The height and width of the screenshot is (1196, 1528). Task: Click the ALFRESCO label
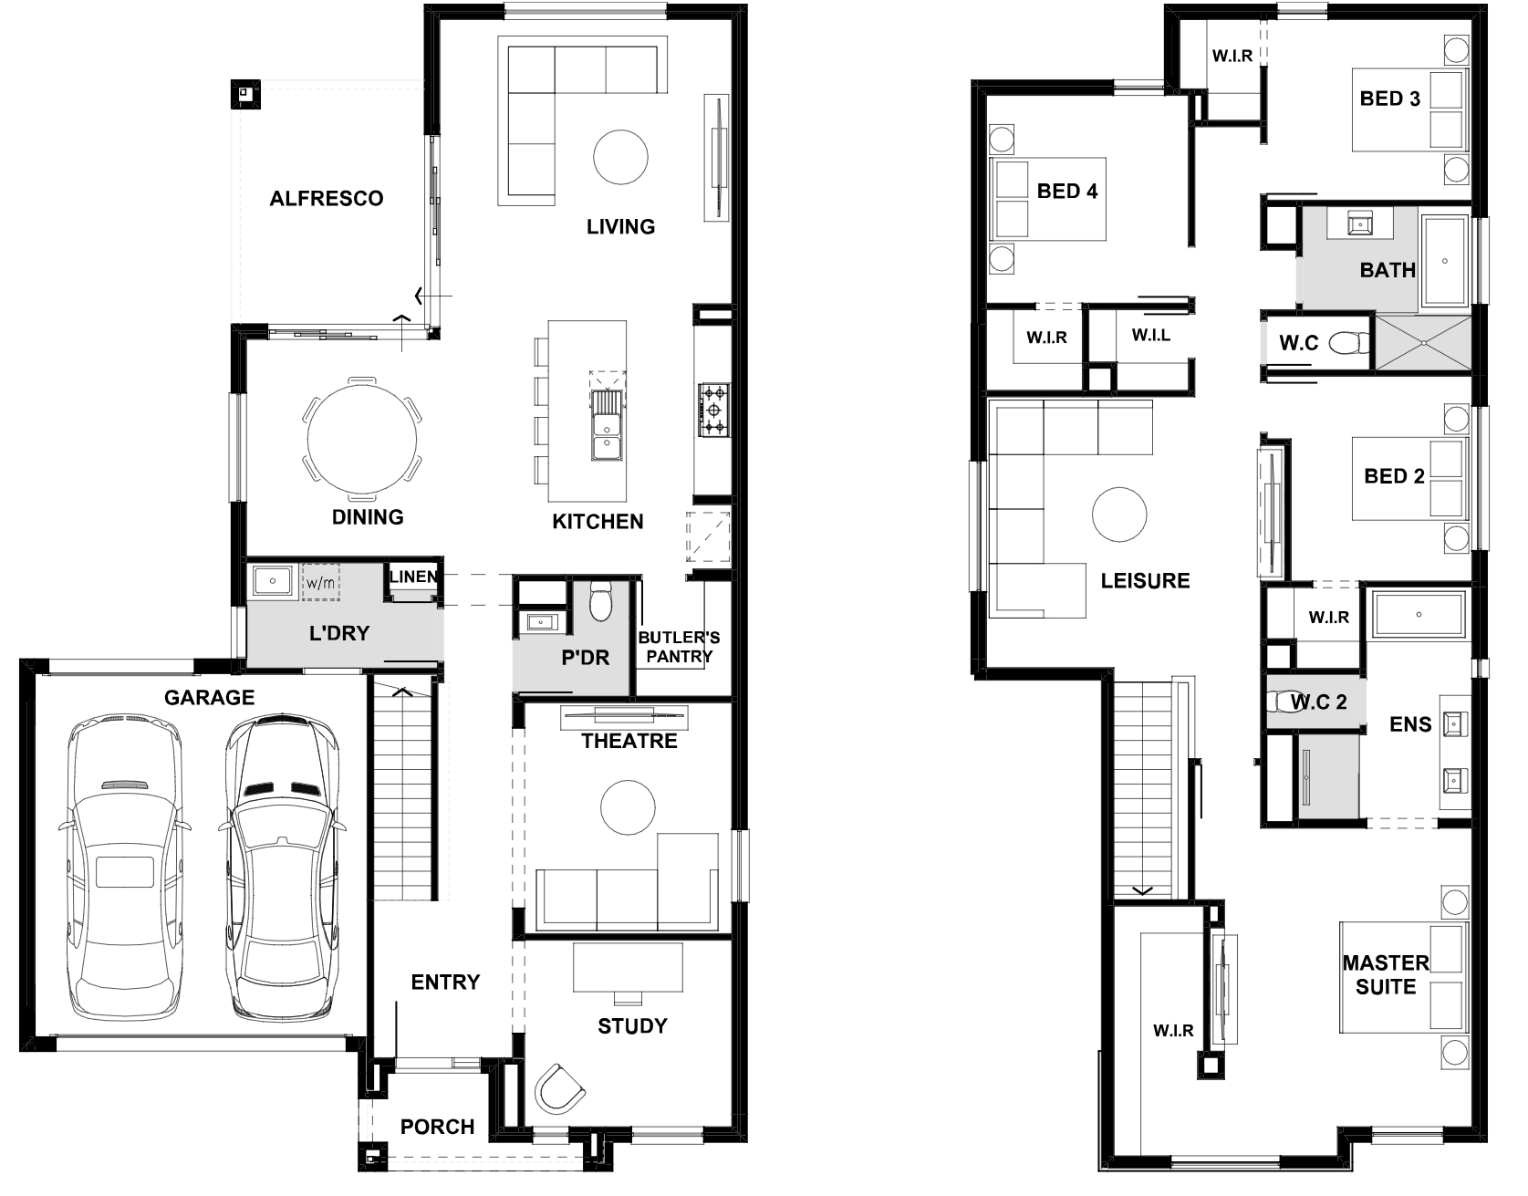[x=327, y=199]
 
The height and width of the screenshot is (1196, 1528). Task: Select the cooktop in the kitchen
[x=714, y=410]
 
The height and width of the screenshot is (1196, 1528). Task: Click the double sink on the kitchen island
[x=606, y=425]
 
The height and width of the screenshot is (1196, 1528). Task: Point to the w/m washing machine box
[x=320, y=582]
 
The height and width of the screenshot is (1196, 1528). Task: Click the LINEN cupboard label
[x=413, y=577]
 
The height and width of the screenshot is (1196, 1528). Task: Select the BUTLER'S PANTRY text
[x=679, y=647]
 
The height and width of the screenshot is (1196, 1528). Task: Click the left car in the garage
[x=124, y=869]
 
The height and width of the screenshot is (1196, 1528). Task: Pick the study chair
[x=558, y=1088]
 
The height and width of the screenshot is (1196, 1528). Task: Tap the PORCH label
[x=438, y=1127]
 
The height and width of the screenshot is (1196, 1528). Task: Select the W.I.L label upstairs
[x=1151, y=336]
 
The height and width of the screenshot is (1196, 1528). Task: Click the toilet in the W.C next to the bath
[x=1350, y=343]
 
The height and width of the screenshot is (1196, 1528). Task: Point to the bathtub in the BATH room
[x=1445, y=261]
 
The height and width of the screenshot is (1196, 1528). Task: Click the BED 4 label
[x=1067, y=192]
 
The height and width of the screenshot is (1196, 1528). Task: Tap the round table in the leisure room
[x=1119, y=515]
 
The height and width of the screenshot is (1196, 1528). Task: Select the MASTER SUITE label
[x=1386, y=975]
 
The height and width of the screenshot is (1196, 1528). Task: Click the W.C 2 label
[x=1318, y=702]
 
